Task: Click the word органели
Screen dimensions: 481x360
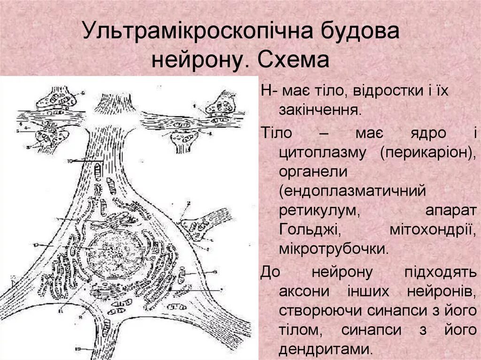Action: click(x=313, y=172)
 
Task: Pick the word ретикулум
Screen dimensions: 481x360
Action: click(x=319, y=211)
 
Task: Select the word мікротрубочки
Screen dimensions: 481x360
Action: click(x=334, y=249)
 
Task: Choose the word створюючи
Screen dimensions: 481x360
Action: click(x=317, y=310)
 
